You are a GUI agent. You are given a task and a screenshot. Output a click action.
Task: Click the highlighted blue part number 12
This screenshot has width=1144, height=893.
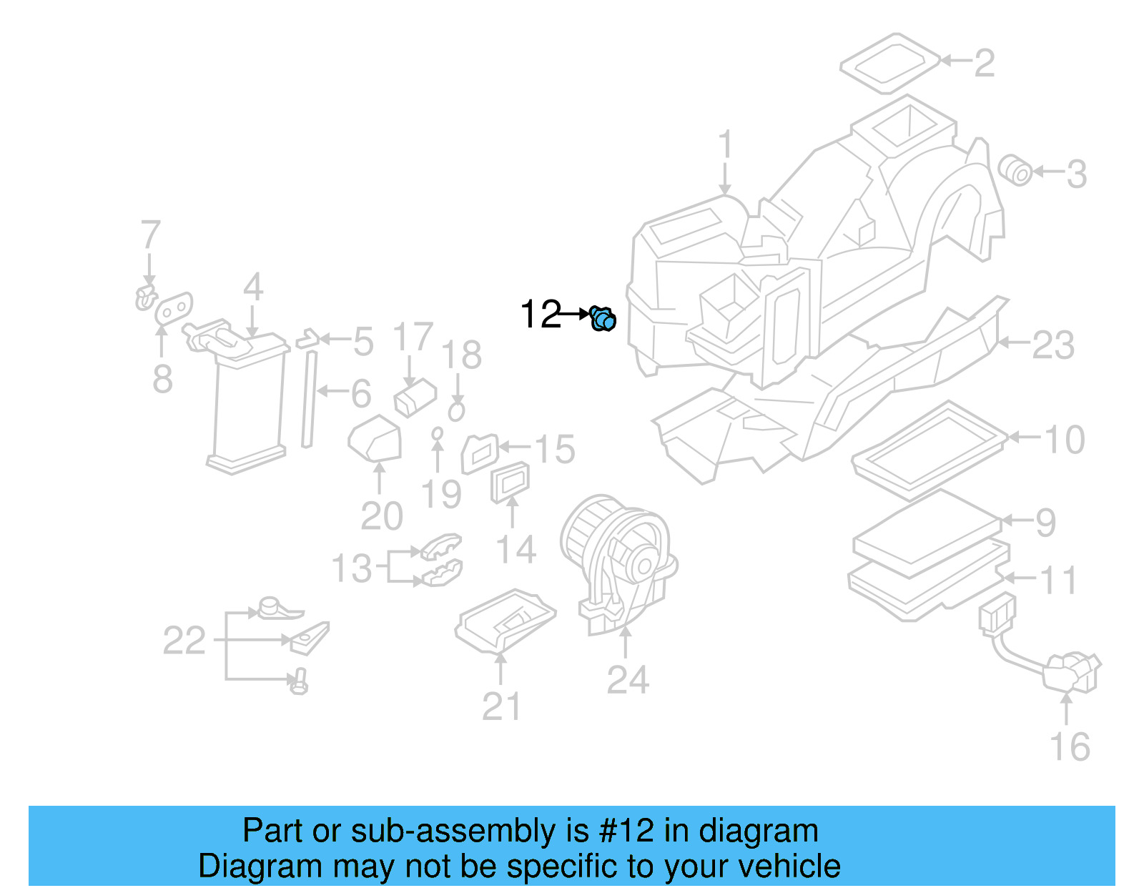tap(603, 319)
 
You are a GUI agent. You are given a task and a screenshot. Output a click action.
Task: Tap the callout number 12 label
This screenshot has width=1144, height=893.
tap(541, 315)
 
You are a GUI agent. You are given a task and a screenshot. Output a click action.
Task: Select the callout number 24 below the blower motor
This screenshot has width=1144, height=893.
tap(627, 679)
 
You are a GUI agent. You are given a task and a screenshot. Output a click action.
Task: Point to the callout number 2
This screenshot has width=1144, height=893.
tap(984, 63)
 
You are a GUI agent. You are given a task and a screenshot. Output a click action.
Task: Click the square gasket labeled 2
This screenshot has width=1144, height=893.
tap(889, 62)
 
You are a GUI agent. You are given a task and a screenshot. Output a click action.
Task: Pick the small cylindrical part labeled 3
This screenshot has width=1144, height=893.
tap(1015, 169)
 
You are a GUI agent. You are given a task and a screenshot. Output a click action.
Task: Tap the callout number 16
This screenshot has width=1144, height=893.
tap(1069, 746)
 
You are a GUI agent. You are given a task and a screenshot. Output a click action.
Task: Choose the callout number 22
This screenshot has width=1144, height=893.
tap(184, 641)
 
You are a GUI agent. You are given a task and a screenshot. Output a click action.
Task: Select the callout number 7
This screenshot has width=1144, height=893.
tap(150, 235)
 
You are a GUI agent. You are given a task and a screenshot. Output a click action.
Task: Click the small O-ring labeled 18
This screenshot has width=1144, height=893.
tap(456, 411)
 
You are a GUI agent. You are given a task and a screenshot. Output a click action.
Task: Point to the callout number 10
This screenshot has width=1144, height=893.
tap(1065, 439)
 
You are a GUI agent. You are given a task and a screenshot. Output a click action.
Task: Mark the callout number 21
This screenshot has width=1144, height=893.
tap(501, 706)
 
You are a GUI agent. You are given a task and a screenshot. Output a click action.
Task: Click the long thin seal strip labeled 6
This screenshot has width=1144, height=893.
tap(309, 399)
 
